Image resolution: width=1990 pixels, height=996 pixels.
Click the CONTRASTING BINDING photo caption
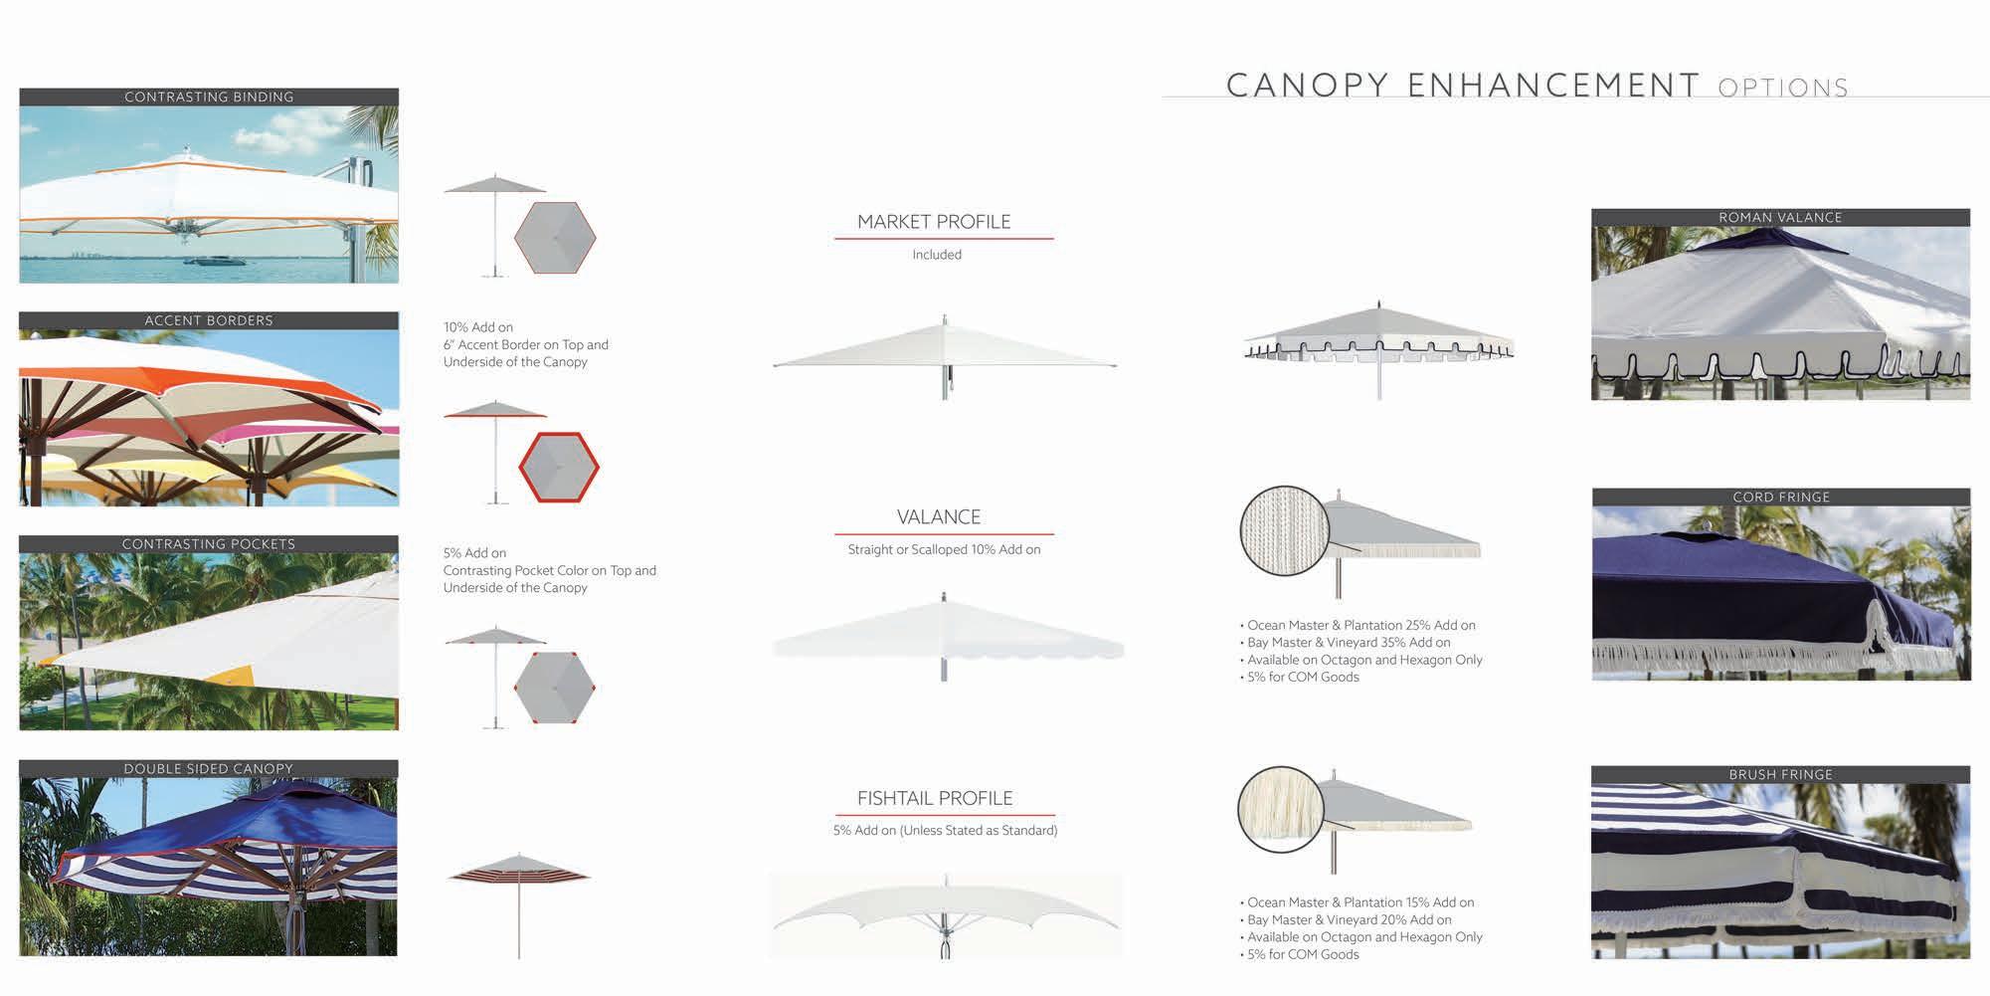tap(209, 97)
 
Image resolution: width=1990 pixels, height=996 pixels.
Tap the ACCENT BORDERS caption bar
tap(209, 320)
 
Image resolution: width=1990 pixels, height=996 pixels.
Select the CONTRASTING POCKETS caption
tap(209, 544)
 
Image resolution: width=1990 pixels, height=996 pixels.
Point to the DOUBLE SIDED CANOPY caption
tap(209, 769)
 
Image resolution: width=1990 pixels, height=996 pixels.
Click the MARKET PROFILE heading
tap(934, 222)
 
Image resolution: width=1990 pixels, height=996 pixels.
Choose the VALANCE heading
tap(939, 517)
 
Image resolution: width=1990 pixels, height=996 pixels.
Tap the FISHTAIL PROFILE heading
tap(935, 798)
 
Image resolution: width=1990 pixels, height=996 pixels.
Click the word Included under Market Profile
tap(937, 255)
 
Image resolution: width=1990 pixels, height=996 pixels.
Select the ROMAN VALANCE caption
tap(1780, 217)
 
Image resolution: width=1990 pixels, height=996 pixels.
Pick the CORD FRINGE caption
tap(1781, 497)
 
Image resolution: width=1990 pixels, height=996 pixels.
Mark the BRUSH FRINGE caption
tap(1780, 774)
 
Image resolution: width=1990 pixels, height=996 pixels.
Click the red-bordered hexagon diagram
tap(559, 467)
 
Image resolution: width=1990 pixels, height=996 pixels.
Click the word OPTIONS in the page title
tap(1782, 88)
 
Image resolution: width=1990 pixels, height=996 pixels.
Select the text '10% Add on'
tap(478, 327)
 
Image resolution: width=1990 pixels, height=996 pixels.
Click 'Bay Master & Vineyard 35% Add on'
tap(1349, 643)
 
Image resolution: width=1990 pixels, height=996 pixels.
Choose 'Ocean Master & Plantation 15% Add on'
tap(1360, 902)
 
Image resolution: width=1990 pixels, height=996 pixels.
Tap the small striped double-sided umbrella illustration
tap(518, 875)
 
